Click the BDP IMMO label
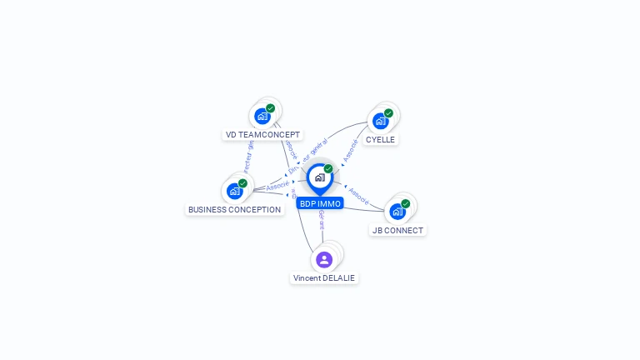tap(320, 203)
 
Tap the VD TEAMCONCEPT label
tap(262, 134)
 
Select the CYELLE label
tap(380, 139)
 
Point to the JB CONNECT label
tap(397, 230)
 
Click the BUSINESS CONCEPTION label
tap(234, 209)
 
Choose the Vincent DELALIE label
tap(324, 277)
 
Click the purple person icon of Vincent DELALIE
tap(324, 259)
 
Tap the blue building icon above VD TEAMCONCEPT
tap(262, 116)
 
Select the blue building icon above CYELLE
tap(380, 121)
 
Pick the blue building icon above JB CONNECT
tap(397, 212)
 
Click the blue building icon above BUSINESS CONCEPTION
tap(235, 191)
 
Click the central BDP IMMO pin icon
tap(319, 177)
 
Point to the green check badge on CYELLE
tap(388, 113)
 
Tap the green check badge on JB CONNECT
tap(406, 203)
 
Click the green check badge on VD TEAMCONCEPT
tap(271, 108)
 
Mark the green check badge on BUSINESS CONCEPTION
tap(242, 183)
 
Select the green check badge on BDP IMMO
tap(328, 169)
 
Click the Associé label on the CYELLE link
tap(351, 149)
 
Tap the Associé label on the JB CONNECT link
tap(358, 196)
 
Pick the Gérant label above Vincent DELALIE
tap(321, 220)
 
